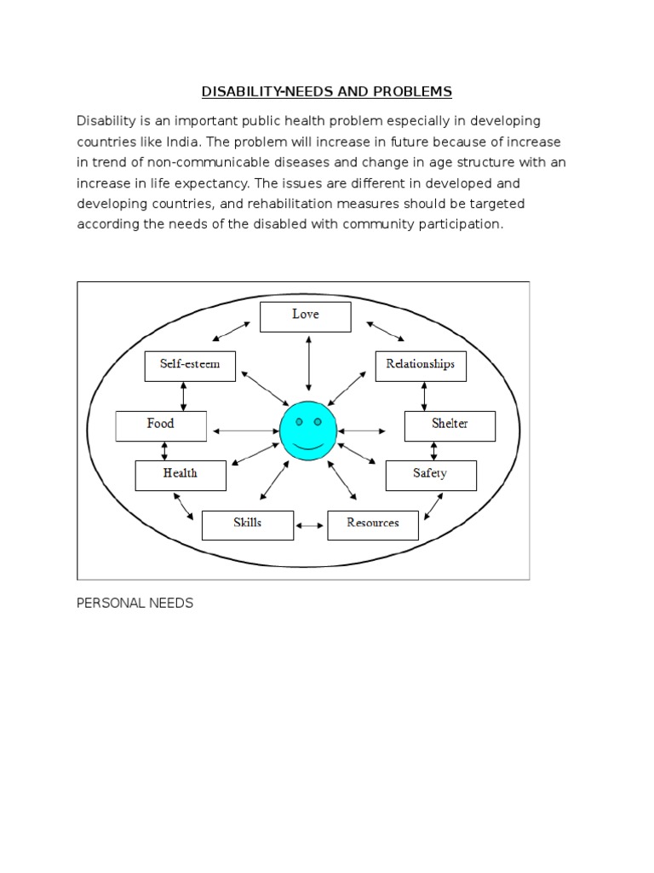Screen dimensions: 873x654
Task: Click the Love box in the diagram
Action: click(305, 316)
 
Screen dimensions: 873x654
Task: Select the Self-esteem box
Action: click(190, 365)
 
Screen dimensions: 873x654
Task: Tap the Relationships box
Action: click(421, 365)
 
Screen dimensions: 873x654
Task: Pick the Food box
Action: click(160, 425)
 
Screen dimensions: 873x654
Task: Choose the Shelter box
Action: click(450, 425)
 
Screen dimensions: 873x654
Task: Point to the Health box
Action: click(181, 475)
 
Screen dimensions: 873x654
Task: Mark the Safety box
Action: click(430, 475)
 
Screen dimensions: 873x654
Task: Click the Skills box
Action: click(247, 524)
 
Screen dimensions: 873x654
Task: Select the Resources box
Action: click(373, 524)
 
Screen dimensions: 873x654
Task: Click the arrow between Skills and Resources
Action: click(310, 525)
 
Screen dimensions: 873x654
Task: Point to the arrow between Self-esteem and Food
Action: click(183, 396)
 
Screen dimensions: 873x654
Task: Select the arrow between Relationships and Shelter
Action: click(423, 396)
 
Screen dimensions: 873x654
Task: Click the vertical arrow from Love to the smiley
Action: click(307, 363)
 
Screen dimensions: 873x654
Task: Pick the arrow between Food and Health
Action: click(164, 451)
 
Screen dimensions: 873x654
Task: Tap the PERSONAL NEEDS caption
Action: click(135, 604)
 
